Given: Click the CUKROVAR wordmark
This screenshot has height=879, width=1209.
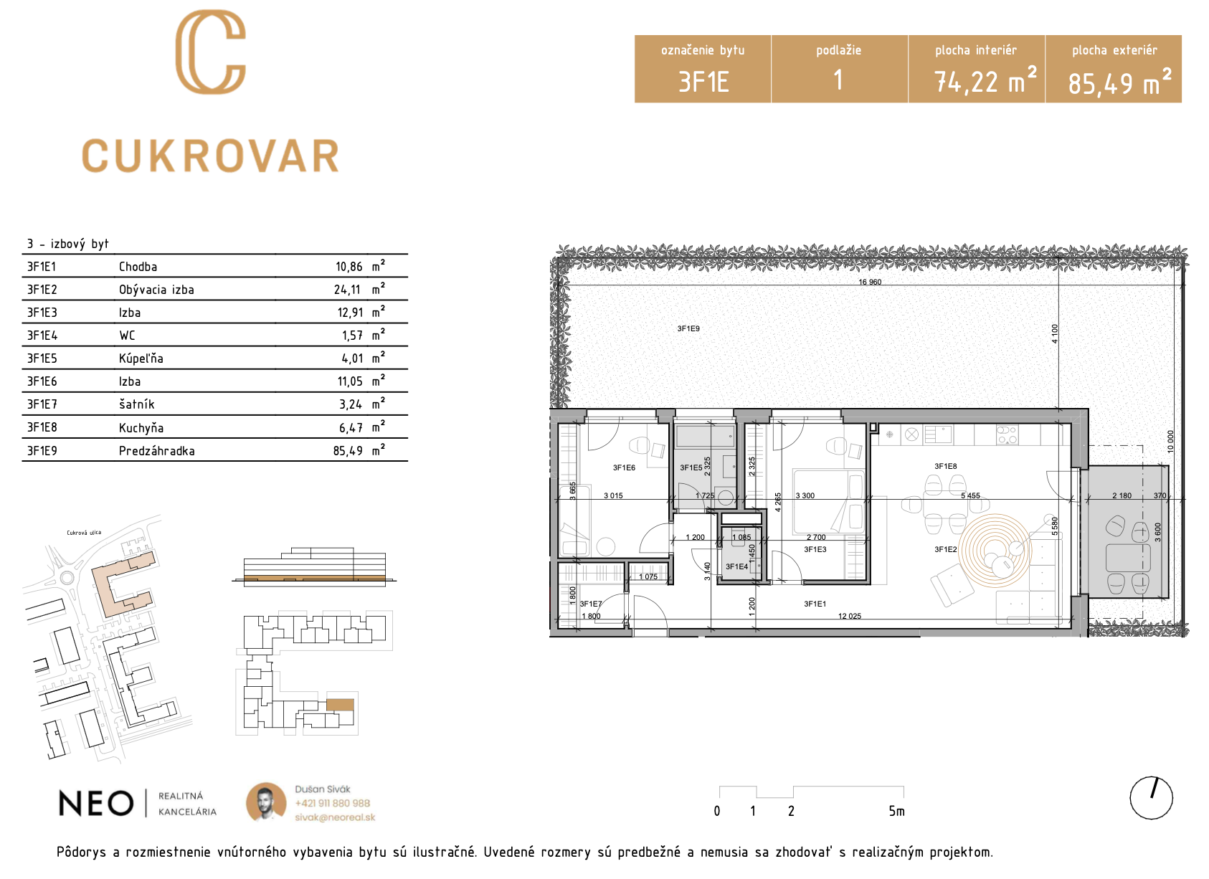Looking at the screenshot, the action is [210, 156].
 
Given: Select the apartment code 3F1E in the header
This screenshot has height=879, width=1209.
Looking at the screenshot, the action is [703, 82].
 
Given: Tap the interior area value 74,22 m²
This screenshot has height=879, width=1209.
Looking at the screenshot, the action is [985, 80].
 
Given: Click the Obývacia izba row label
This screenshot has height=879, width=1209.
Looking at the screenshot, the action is [156, 290].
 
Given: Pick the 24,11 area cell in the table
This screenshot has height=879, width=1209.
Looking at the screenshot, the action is [347, 290].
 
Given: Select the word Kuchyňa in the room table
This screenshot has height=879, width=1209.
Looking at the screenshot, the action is [141, 428].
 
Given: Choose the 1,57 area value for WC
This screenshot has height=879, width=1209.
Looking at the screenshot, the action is [352, 336].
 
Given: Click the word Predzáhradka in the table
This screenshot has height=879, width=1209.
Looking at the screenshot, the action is [157, 451].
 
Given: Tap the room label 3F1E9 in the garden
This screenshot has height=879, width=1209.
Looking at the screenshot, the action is [688, 328].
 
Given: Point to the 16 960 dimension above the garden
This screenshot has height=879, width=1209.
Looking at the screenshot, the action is [870, 282].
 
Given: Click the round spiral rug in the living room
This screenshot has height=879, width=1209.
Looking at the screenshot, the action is [995, 551].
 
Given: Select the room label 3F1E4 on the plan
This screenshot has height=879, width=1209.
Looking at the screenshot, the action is [736, 566].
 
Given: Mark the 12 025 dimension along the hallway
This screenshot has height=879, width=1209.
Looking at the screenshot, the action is [850, 616].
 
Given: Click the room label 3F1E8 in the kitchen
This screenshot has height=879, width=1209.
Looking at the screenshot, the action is [946, 466].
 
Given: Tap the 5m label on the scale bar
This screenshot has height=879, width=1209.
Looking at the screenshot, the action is [896, 811].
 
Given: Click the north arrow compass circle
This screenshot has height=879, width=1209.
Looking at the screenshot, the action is [1151, 798].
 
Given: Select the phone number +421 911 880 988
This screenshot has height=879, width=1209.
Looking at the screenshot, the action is [333, 803].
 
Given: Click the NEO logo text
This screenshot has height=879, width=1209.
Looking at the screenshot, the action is [95, 804].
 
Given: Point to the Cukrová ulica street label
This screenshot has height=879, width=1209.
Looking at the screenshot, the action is [84, 533].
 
